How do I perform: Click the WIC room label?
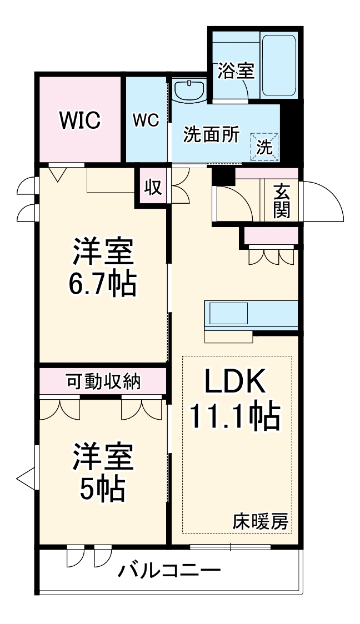click(80, 120)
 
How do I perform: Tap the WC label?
click(146, 120)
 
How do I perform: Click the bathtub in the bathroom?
click(279, 65)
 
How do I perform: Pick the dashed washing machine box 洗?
click(264, 147)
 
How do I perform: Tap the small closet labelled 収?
click(153, 187)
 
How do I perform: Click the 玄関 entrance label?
click(282, 201)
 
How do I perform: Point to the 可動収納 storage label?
click(103, 383)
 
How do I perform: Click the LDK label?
click(235, 381)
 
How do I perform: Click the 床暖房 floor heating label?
click(261, 521)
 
